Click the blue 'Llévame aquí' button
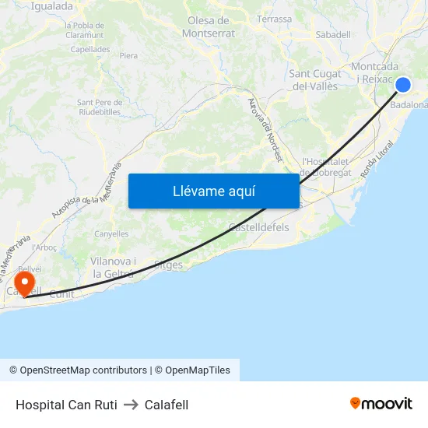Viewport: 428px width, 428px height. pos(213,191)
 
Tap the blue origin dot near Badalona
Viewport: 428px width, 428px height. pos(403,85)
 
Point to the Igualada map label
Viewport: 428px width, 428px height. pos(51,6)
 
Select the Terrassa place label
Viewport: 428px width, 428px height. pos(274,19)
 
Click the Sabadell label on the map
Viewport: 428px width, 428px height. pos(333,34)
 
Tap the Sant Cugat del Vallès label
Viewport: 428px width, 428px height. pos(314,80)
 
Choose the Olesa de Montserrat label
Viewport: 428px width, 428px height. pos(208,27)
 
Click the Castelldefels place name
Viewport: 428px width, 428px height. pos(258,227)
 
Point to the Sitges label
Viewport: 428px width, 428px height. pos(169,265)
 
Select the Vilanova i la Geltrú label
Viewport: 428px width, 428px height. pos(113,268)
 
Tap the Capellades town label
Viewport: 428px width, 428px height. pos(90,48)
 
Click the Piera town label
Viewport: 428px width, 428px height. pos(128,56)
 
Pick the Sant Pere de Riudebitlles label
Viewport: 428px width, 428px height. pos(98,107)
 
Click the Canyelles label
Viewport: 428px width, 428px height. pos(111,233)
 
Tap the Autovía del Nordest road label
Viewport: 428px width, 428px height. pos(264,128)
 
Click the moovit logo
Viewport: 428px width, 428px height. pos(381,403)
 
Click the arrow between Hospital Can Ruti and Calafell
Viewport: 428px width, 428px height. pos(131,405)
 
